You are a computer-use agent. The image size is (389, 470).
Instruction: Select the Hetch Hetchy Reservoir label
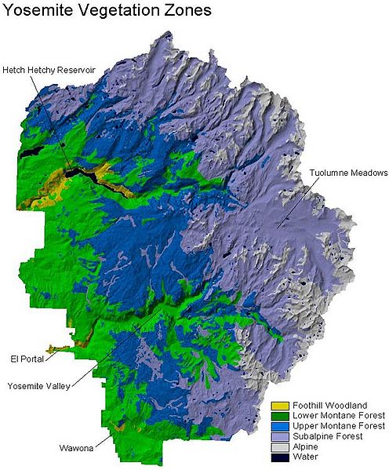(49, 70)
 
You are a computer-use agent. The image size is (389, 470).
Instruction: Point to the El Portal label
(21, 359)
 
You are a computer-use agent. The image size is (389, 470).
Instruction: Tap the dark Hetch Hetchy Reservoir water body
(86, 174)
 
